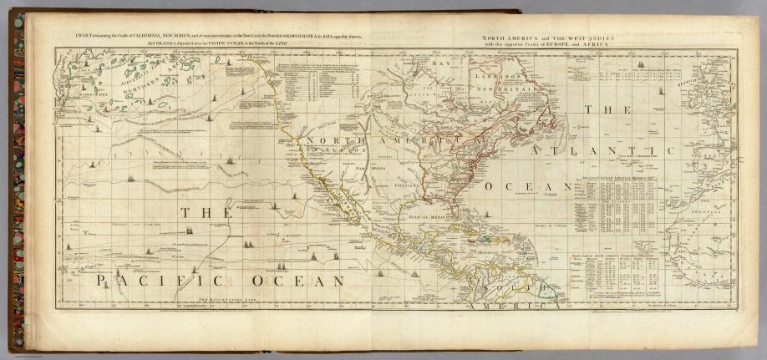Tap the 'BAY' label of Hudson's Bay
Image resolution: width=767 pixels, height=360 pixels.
[441, 63]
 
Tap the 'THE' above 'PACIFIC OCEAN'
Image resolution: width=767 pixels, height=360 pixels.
[205, 214]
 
